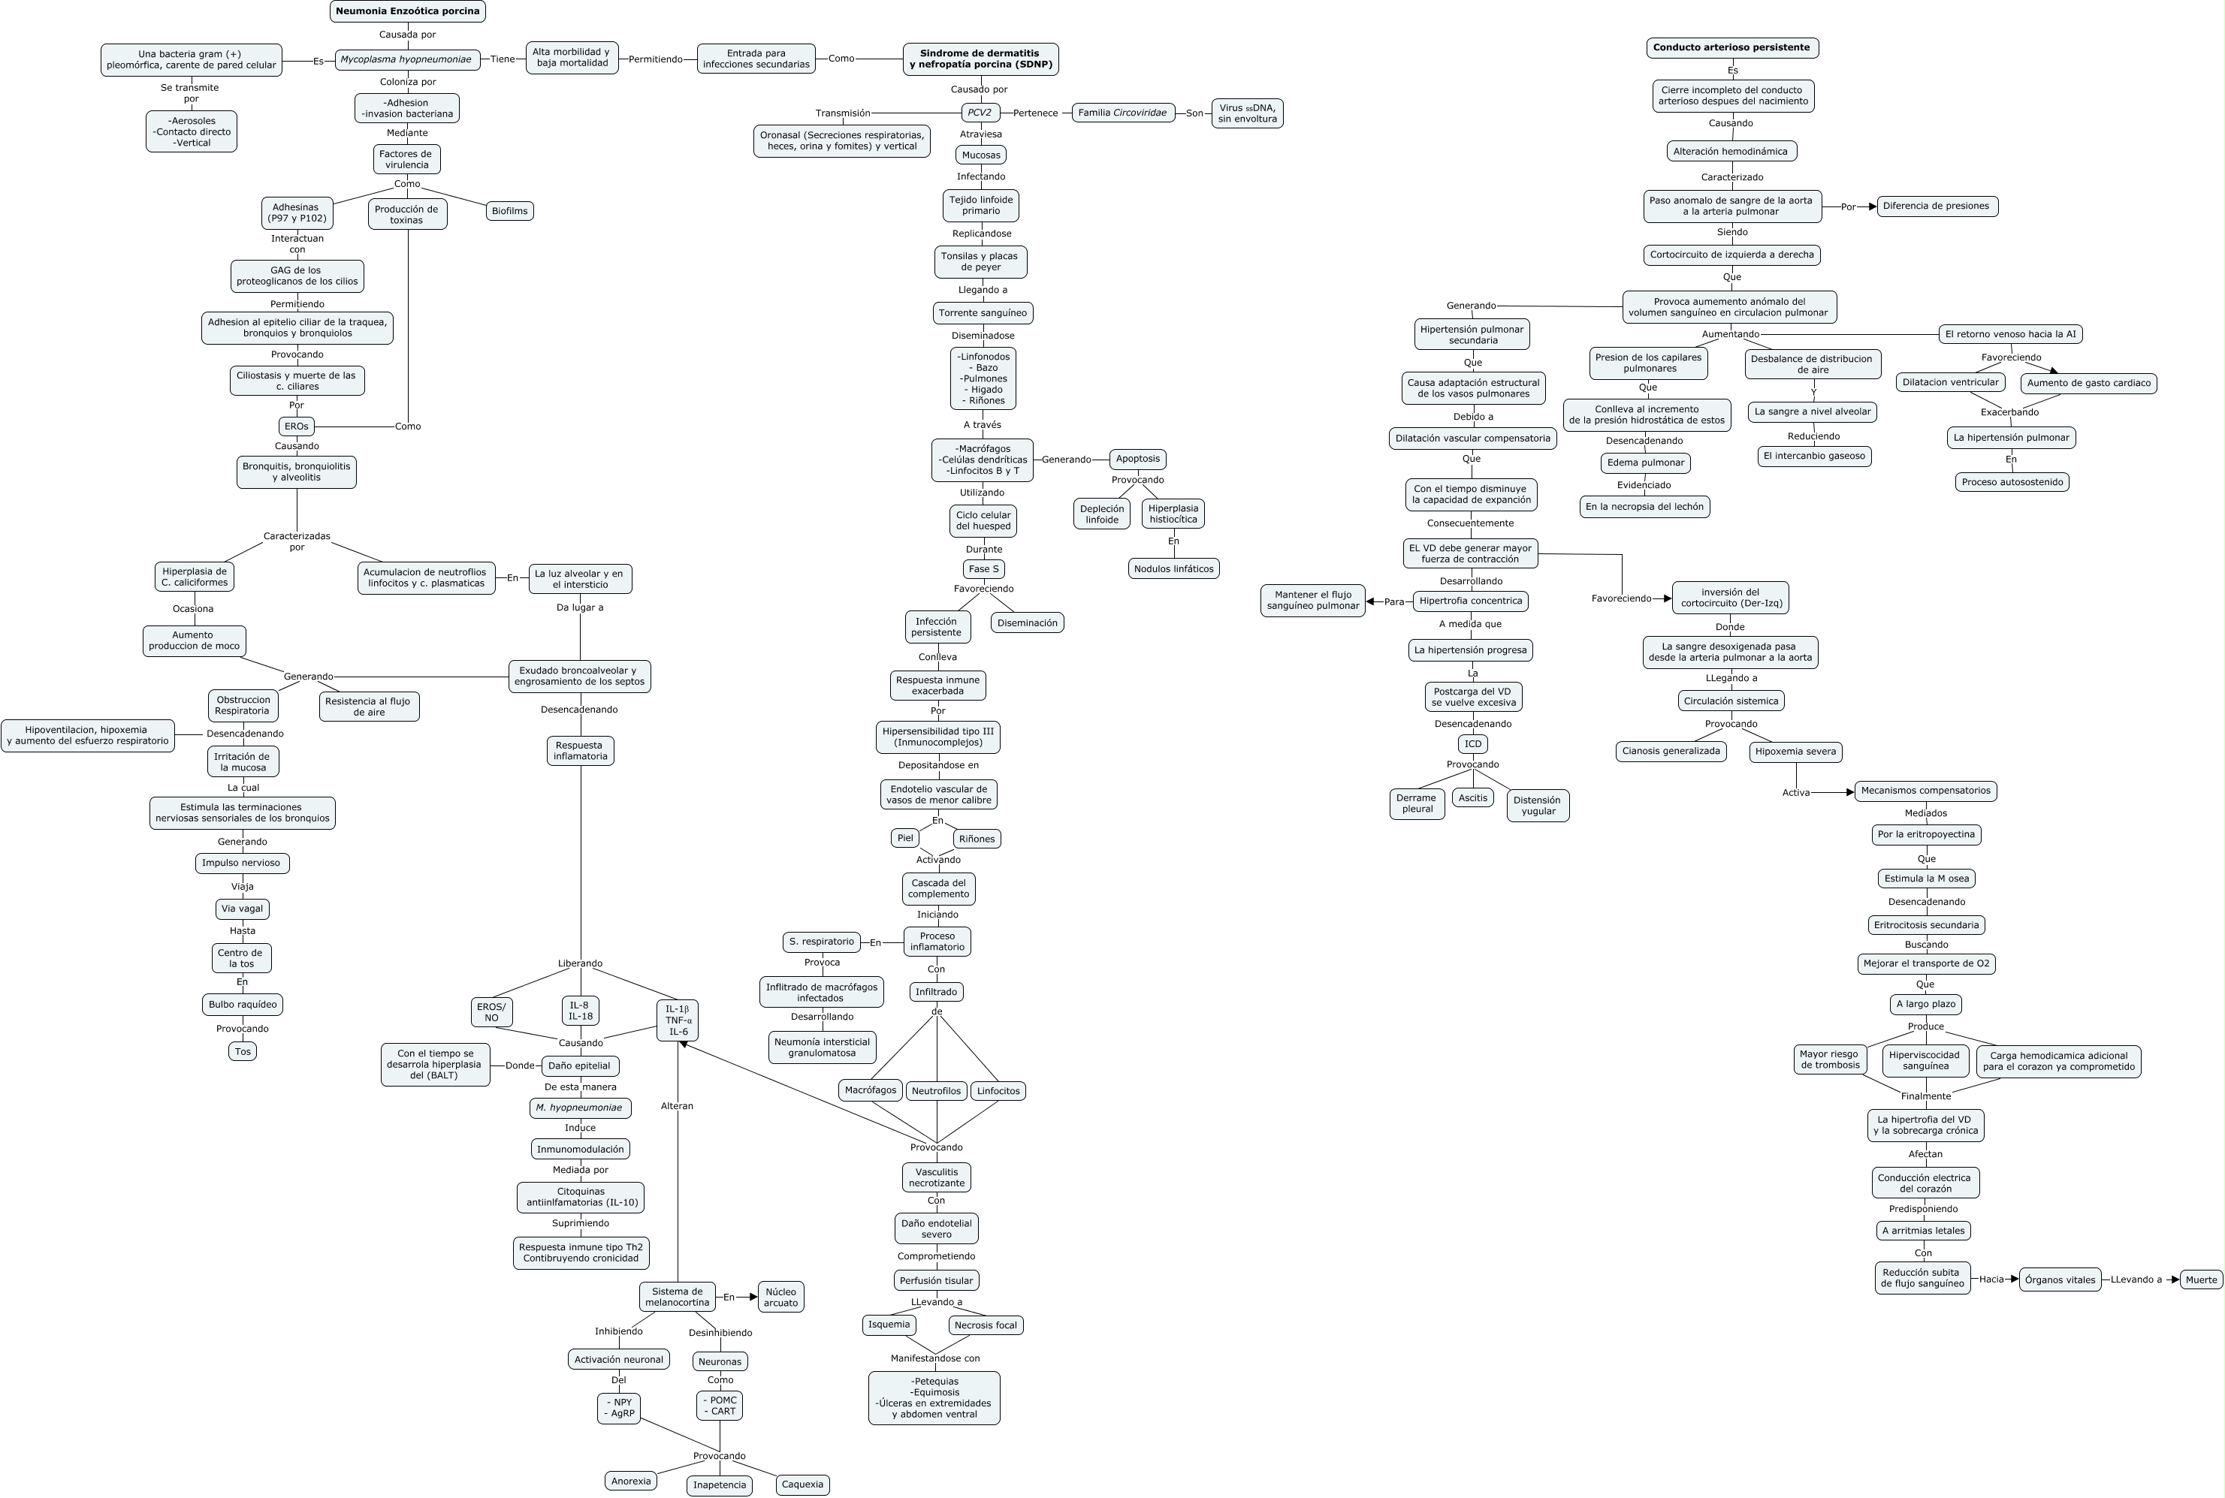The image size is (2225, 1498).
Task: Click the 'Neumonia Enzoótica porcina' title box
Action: tap(407, 11)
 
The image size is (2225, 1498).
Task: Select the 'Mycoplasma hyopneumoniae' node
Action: tap(406, 59)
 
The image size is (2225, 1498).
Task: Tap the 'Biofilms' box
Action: tap(509, 211)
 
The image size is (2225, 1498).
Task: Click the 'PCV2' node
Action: tap(980, 113)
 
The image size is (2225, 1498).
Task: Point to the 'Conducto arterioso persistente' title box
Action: tap(1731, 48)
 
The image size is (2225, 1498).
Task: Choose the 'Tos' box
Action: tap(243, 1052)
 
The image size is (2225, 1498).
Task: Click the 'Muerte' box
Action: tap(2200, 1279)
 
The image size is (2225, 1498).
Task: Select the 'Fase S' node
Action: tap(983, 569)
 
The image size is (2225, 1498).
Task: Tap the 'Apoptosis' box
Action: tap(1137, 459)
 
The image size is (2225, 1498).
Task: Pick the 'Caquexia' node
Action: tap(802, 1484)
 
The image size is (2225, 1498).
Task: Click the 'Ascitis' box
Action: tap(1473, 797)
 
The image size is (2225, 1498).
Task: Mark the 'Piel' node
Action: tap(905, 838)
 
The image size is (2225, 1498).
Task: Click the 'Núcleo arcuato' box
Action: tap(780, 1298)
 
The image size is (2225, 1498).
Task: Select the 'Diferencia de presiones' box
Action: tap(1937, 206)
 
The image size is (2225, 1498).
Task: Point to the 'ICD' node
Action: tap(1473, 744)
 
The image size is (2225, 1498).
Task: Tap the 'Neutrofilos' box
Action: tap(937, 1091)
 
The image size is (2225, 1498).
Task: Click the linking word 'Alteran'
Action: tap(677, 1106)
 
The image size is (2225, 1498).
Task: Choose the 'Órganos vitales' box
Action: tap(2060, 1280)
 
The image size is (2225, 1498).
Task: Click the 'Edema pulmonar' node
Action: tap(1645, 463)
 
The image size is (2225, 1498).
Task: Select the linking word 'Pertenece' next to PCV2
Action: tap(1035, 113)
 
